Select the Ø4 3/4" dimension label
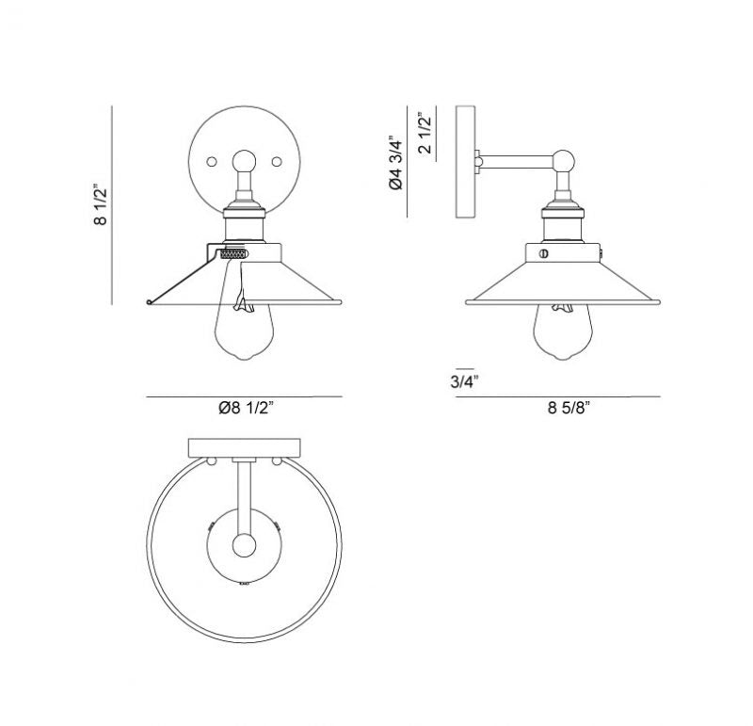tap(396, 165)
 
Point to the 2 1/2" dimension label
tap(426, 134)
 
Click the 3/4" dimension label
tap(464, 380)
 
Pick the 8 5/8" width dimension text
tap(575, 408)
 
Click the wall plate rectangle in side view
tap(465, 163)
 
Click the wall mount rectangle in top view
tap(245, 446)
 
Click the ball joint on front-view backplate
tap(245, 160)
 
